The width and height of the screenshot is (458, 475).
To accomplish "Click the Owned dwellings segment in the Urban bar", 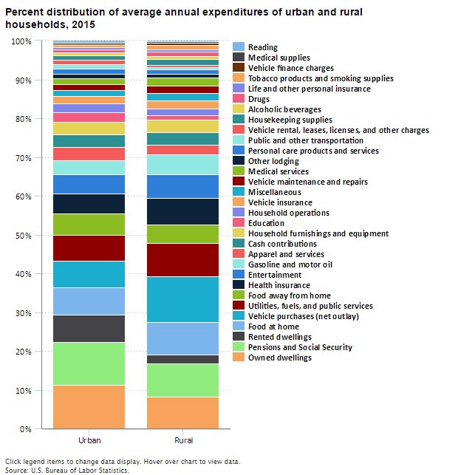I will point(89,406).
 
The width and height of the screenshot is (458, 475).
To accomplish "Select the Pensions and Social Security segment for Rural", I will point(183,380).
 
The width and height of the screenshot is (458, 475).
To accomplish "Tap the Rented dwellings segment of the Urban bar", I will point(89,328).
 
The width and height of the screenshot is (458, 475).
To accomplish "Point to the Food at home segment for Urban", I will point(89,301).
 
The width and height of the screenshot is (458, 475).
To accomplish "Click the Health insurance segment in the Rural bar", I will point(183,211).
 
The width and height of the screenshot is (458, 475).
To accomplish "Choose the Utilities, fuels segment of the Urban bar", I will point(89,248).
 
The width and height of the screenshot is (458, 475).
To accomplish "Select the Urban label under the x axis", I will point(89,441).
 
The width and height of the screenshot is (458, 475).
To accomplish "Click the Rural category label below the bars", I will point(183,441).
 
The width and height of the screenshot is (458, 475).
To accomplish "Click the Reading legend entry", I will point(263,47).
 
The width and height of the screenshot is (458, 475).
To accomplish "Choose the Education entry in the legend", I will point(267,223).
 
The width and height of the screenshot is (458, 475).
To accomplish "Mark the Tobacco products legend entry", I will point(310,78).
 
